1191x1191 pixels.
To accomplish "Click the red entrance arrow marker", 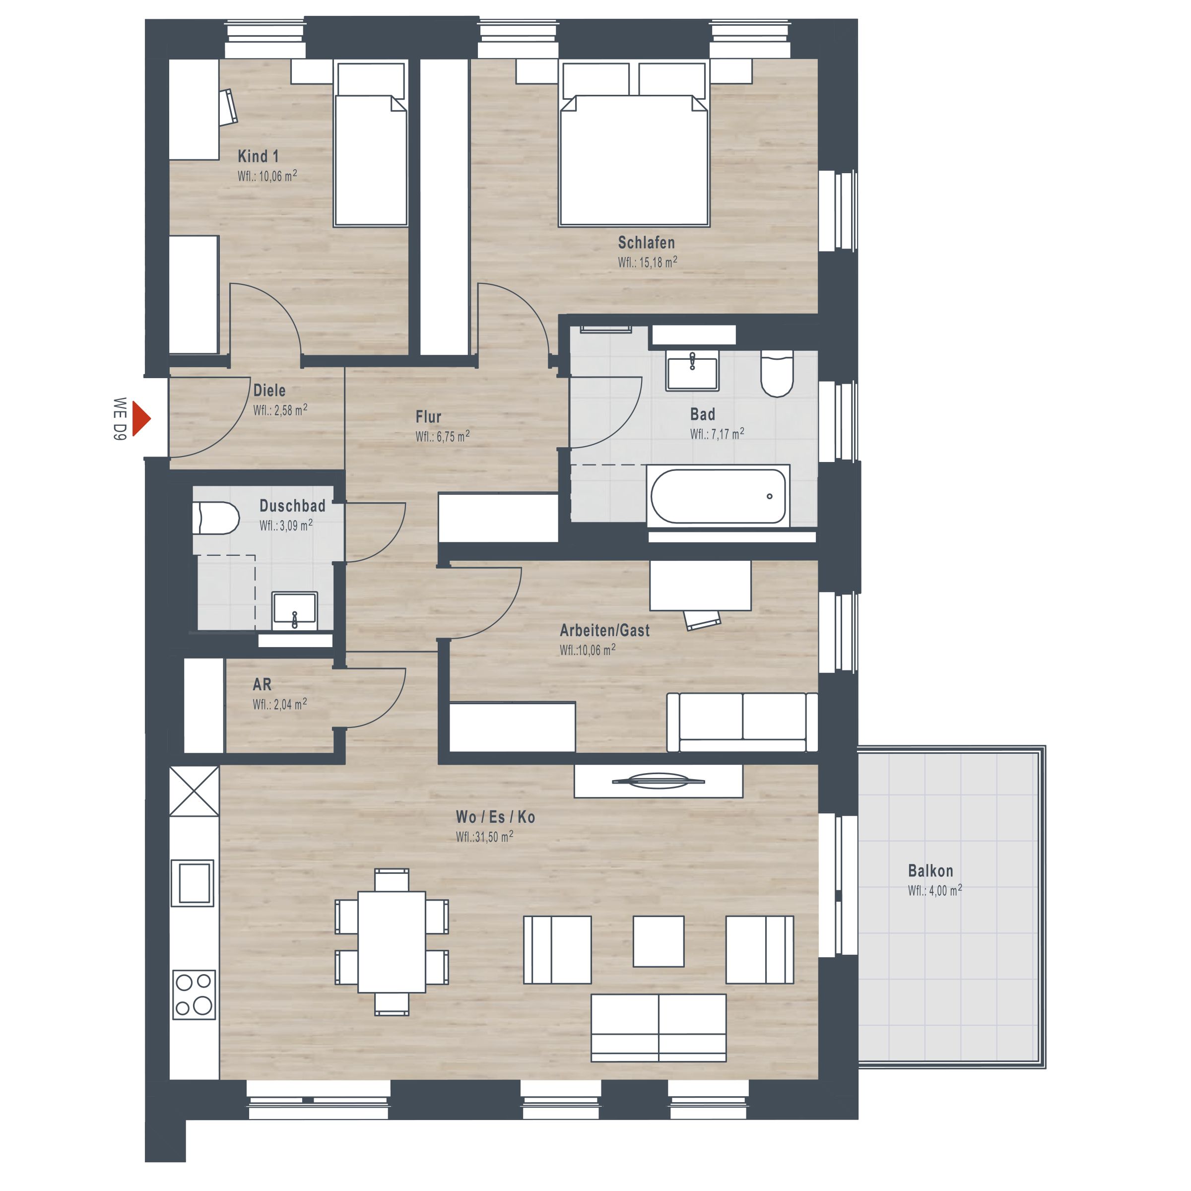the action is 140,419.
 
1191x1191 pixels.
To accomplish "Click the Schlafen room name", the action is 646,242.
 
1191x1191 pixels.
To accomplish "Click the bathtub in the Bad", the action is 718,496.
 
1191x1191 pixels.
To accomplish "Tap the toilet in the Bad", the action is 777,374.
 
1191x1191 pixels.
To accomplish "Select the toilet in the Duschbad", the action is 216,518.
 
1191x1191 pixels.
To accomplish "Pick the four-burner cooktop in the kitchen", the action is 194,995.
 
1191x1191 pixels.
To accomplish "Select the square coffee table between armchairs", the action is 659,941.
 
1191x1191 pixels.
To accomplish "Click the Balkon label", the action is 930,871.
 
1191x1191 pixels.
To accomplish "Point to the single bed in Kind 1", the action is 371,143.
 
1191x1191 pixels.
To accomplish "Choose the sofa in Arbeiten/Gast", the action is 742,723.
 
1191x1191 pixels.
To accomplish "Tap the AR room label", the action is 262,684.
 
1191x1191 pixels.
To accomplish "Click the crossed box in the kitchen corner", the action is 194,792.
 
